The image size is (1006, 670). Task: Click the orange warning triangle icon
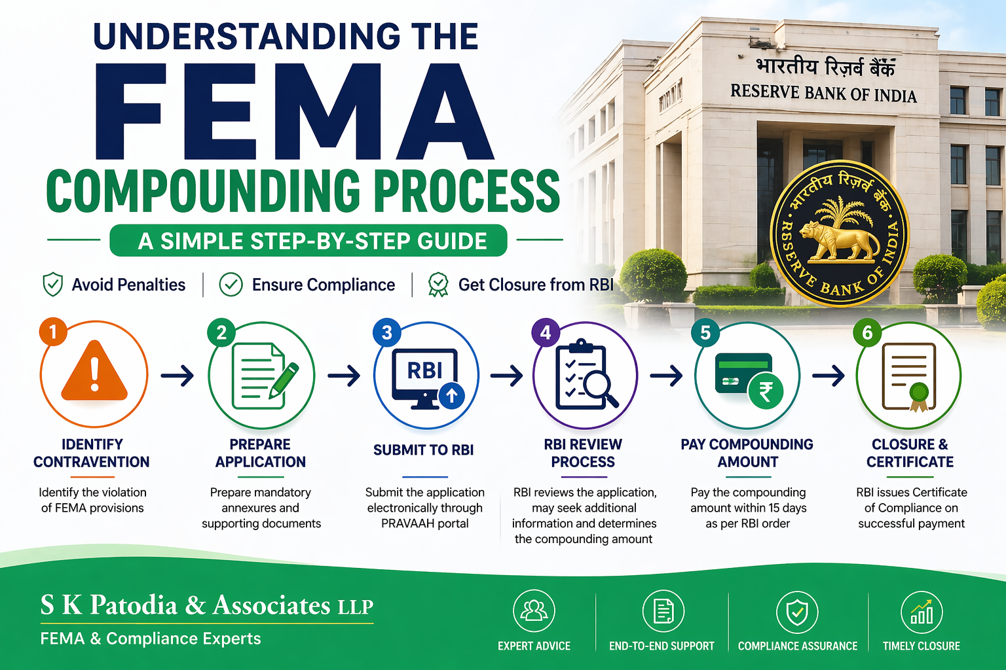[x=94, y=372]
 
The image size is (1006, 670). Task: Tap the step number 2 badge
[x=221, y=333]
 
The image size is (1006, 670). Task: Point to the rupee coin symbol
[x=766, y=391]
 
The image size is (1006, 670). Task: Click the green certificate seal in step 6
[x=919, y=393]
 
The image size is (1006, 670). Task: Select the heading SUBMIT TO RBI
[x=423, y=450]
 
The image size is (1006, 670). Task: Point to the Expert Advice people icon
[x=534, y=611]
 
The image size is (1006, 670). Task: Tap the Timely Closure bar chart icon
[x=922, y=612]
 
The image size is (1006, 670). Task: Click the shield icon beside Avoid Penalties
[x=52, y=285]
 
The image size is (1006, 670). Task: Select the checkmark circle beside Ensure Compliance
[x=231, y=285]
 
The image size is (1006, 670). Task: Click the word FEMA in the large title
[x=293, y=112]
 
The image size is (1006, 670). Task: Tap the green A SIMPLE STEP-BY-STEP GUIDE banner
[x=308, y=241]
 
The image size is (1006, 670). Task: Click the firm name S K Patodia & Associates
[x=206, y=605]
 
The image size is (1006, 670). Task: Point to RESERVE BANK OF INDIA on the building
[x=823, y=94]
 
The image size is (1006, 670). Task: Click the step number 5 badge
[x=705, y=333]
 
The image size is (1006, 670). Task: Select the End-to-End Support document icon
[x=663, y=611]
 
